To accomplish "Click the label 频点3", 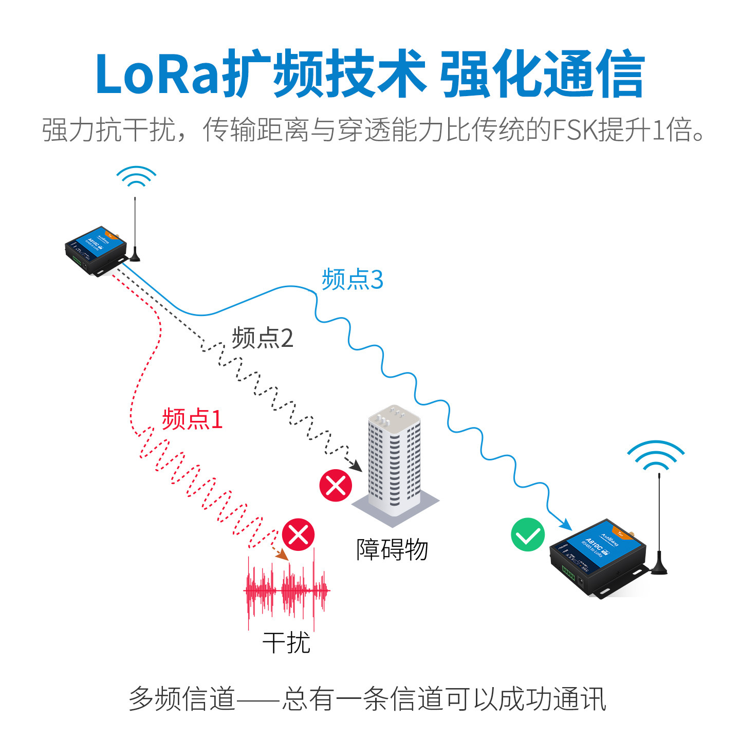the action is point(353,280).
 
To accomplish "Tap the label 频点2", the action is point(263,338).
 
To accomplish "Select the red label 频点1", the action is point(192,419).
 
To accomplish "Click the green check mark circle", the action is point(528,535).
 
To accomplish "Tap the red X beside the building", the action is point(336,485).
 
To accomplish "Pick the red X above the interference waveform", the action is point(299,534).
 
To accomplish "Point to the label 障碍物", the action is point(392,549).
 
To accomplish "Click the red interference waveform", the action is point(286,591).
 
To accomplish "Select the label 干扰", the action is point(286,643).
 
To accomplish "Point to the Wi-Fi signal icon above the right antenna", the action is point(656,455).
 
